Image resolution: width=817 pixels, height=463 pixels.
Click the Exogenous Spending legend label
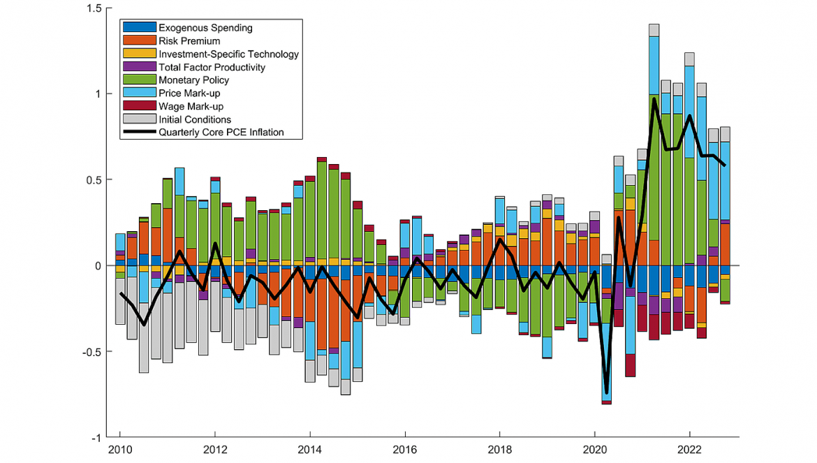[205, 28]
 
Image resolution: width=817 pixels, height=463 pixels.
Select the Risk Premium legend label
[189, 41]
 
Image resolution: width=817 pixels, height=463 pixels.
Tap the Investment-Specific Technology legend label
[228, 54]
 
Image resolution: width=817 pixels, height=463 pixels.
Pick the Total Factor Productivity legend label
[212, 67]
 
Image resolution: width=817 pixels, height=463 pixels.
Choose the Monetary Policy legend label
[193, 80]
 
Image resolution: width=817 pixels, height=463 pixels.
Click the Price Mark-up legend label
[190, 94]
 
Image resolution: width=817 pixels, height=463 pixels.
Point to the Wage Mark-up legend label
[191, 106]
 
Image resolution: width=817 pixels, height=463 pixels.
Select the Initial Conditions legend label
[194, 119]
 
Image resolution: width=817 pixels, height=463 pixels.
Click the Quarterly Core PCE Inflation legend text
[221, 132]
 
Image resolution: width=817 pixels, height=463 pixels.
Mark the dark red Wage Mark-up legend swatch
[139, 106]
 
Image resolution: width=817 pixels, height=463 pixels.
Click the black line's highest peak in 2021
[654, 99]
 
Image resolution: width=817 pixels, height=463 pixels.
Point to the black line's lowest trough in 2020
[606, 392]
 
